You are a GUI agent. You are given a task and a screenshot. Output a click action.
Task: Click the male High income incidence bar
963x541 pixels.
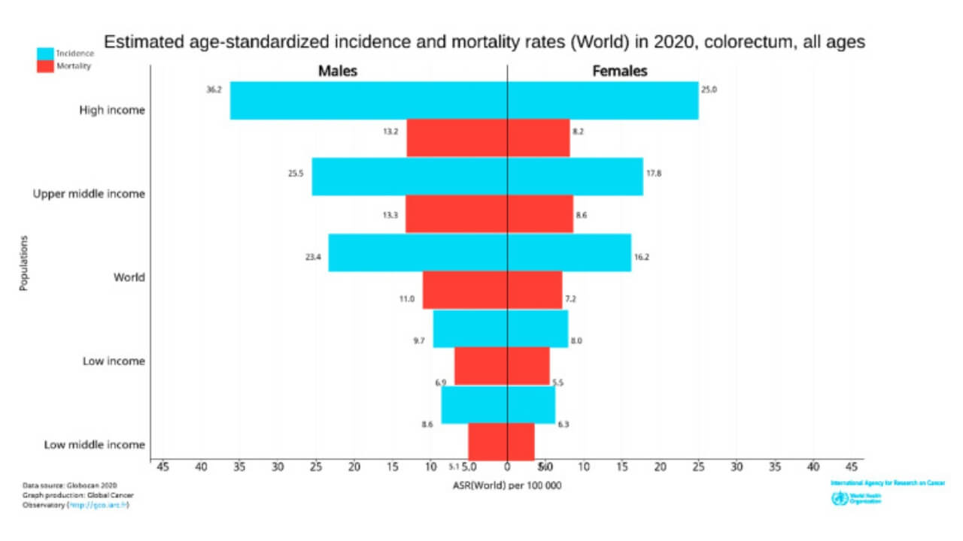(369, 100)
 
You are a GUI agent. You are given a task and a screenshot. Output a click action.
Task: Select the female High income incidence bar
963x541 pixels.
(603, 100)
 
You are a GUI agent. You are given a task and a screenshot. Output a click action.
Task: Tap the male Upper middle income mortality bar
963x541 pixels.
(456, 214)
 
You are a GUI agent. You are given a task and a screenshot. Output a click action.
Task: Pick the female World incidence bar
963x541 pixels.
(570, 252)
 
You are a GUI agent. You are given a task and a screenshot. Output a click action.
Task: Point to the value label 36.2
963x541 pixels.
(214, 89)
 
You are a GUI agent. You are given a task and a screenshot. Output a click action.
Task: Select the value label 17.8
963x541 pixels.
(654, 174)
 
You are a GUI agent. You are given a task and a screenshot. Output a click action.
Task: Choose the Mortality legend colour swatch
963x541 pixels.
(45, 66)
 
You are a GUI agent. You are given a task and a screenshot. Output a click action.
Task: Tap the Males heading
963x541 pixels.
(338, 71)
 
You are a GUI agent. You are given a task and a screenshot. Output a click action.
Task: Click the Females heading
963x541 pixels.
(620, 71)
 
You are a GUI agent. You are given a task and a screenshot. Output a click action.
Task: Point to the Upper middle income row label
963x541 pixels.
(89, 194)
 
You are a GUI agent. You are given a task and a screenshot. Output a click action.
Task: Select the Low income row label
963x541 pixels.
(114, 361)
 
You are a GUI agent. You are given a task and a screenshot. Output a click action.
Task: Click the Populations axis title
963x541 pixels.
(24, 263)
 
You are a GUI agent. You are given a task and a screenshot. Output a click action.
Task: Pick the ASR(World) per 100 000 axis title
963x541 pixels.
(507, 485)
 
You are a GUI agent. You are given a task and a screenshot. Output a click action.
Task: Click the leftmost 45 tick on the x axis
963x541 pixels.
(163, 467)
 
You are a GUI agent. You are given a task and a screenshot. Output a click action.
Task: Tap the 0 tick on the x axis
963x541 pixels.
(507, 467)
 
